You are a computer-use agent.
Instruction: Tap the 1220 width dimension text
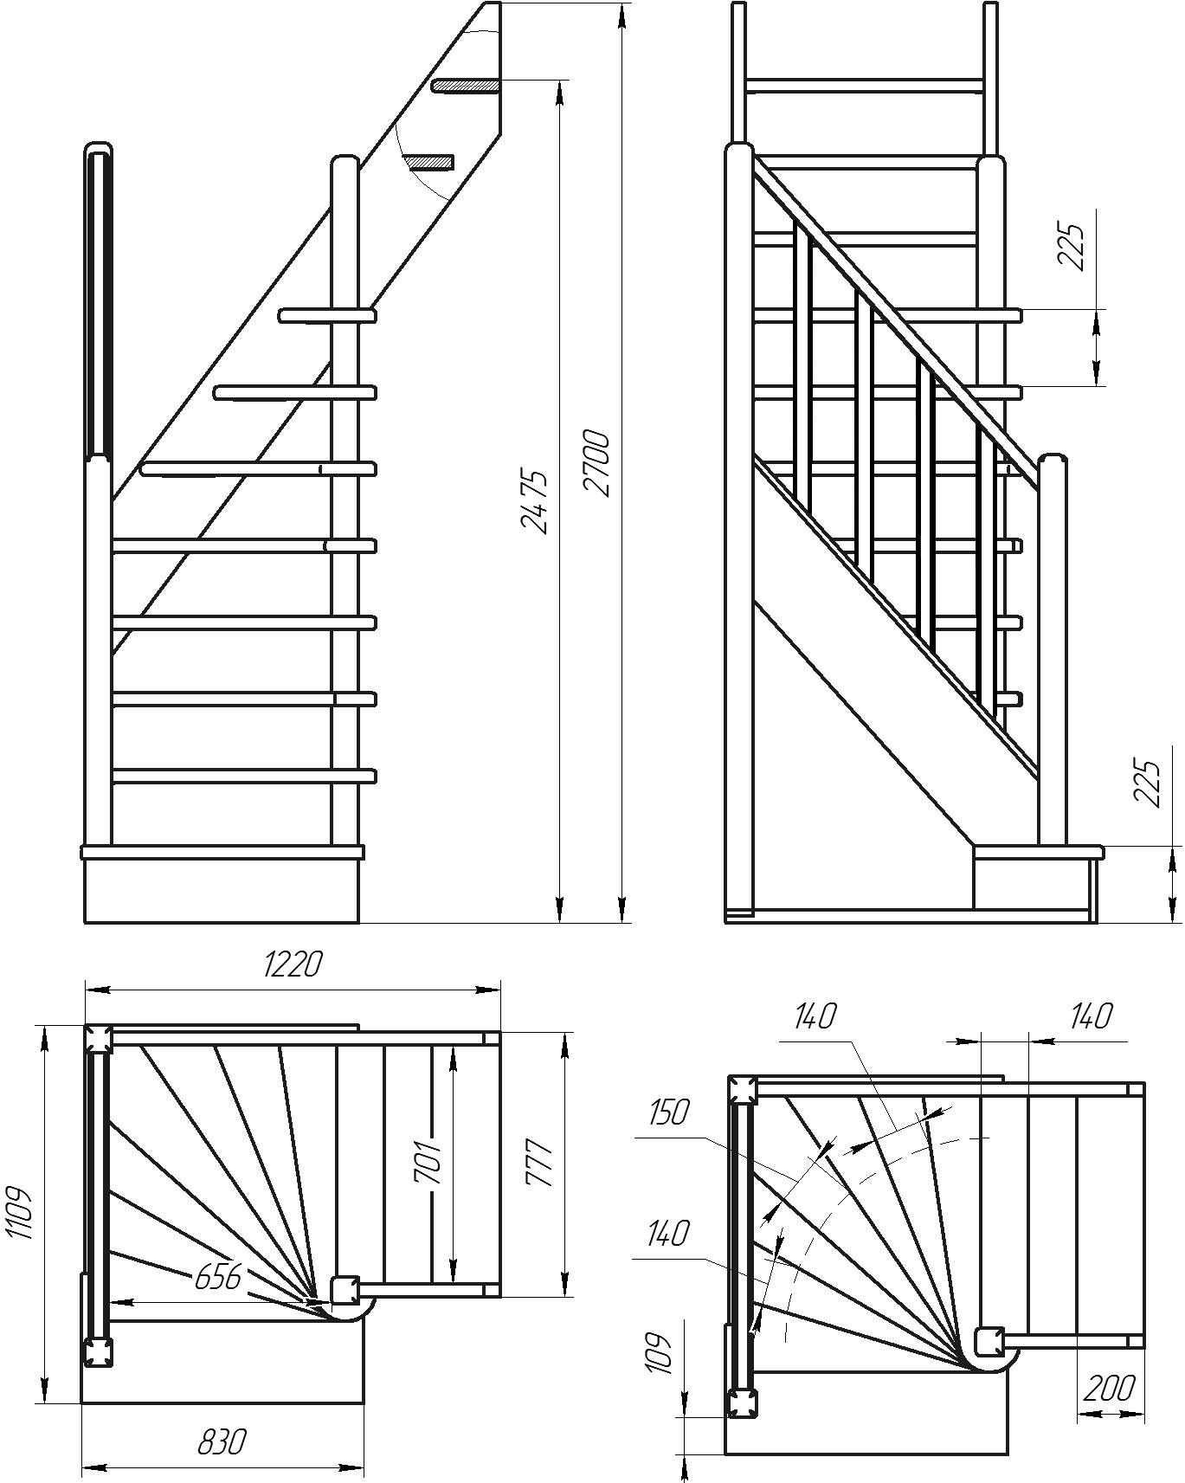[x=293, y=964]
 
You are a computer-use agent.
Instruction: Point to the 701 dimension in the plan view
[x=430, y=1162]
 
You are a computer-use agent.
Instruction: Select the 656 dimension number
[x=216, y=1276]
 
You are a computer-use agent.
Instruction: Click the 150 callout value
[x=669, y=1112]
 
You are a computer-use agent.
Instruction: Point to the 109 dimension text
[x=660, y=1353]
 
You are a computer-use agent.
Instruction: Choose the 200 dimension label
[x=1108, y=1388]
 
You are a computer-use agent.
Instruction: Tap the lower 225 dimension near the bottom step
[x=1146, y=783]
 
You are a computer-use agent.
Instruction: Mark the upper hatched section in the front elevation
[x=466, y=86]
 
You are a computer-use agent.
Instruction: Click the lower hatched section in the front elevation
[x=431, y=162]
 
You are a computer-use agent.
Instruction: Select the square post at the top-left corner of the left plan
[x=98, y=1039]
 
